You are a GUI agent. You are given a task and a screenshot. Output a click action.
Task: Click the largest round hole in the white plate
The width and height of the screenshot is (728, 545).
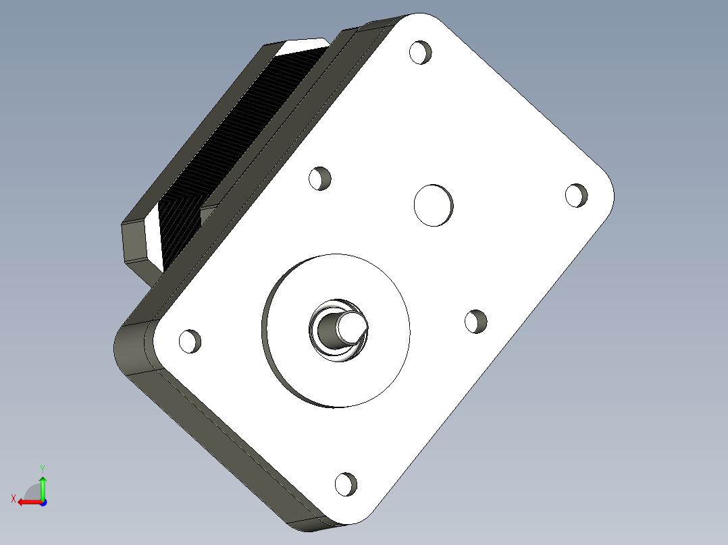tap(433, 204)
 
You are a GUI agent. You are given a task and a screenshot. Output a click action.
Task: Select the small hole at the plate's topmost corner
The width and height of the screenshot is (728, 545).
tap(421, 52)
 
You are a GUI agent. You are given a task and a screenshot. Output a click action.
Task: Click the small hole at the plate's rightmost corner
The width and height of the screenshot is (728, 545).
tap(576, 194)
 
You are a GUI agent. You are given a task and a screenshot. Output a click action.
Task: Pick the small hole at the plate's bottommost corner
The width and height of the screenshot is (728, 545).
tap(345, 483)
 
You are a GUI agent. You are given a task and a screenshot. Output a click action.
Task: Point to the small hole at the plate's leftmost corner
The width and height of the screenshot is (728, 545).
tap(190, 341)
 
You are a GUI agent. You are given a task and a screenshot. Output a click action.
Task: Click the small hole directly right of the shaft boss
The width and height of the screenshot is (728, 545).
tap(476, 321)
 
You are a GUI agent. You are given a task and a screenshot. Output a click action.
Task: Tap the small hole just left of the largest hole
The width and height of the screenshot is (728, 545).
tap(320, 178)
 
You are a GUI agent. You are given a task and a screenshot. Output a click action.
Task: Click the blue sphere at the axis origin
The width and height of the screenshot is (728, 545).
tap(43, 502)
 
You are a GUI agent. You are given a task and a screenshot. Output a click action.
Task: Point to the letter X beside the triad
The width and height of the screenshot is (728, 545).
tap(13, 499)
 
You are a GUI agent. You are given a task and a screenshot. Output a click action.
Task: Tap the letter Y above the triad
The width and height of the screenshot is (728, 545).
tap(42, 467)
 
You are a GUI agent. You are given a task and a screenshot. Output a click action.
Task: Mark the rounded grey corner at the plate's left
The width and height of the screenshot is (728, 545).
tap(132, 347)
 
